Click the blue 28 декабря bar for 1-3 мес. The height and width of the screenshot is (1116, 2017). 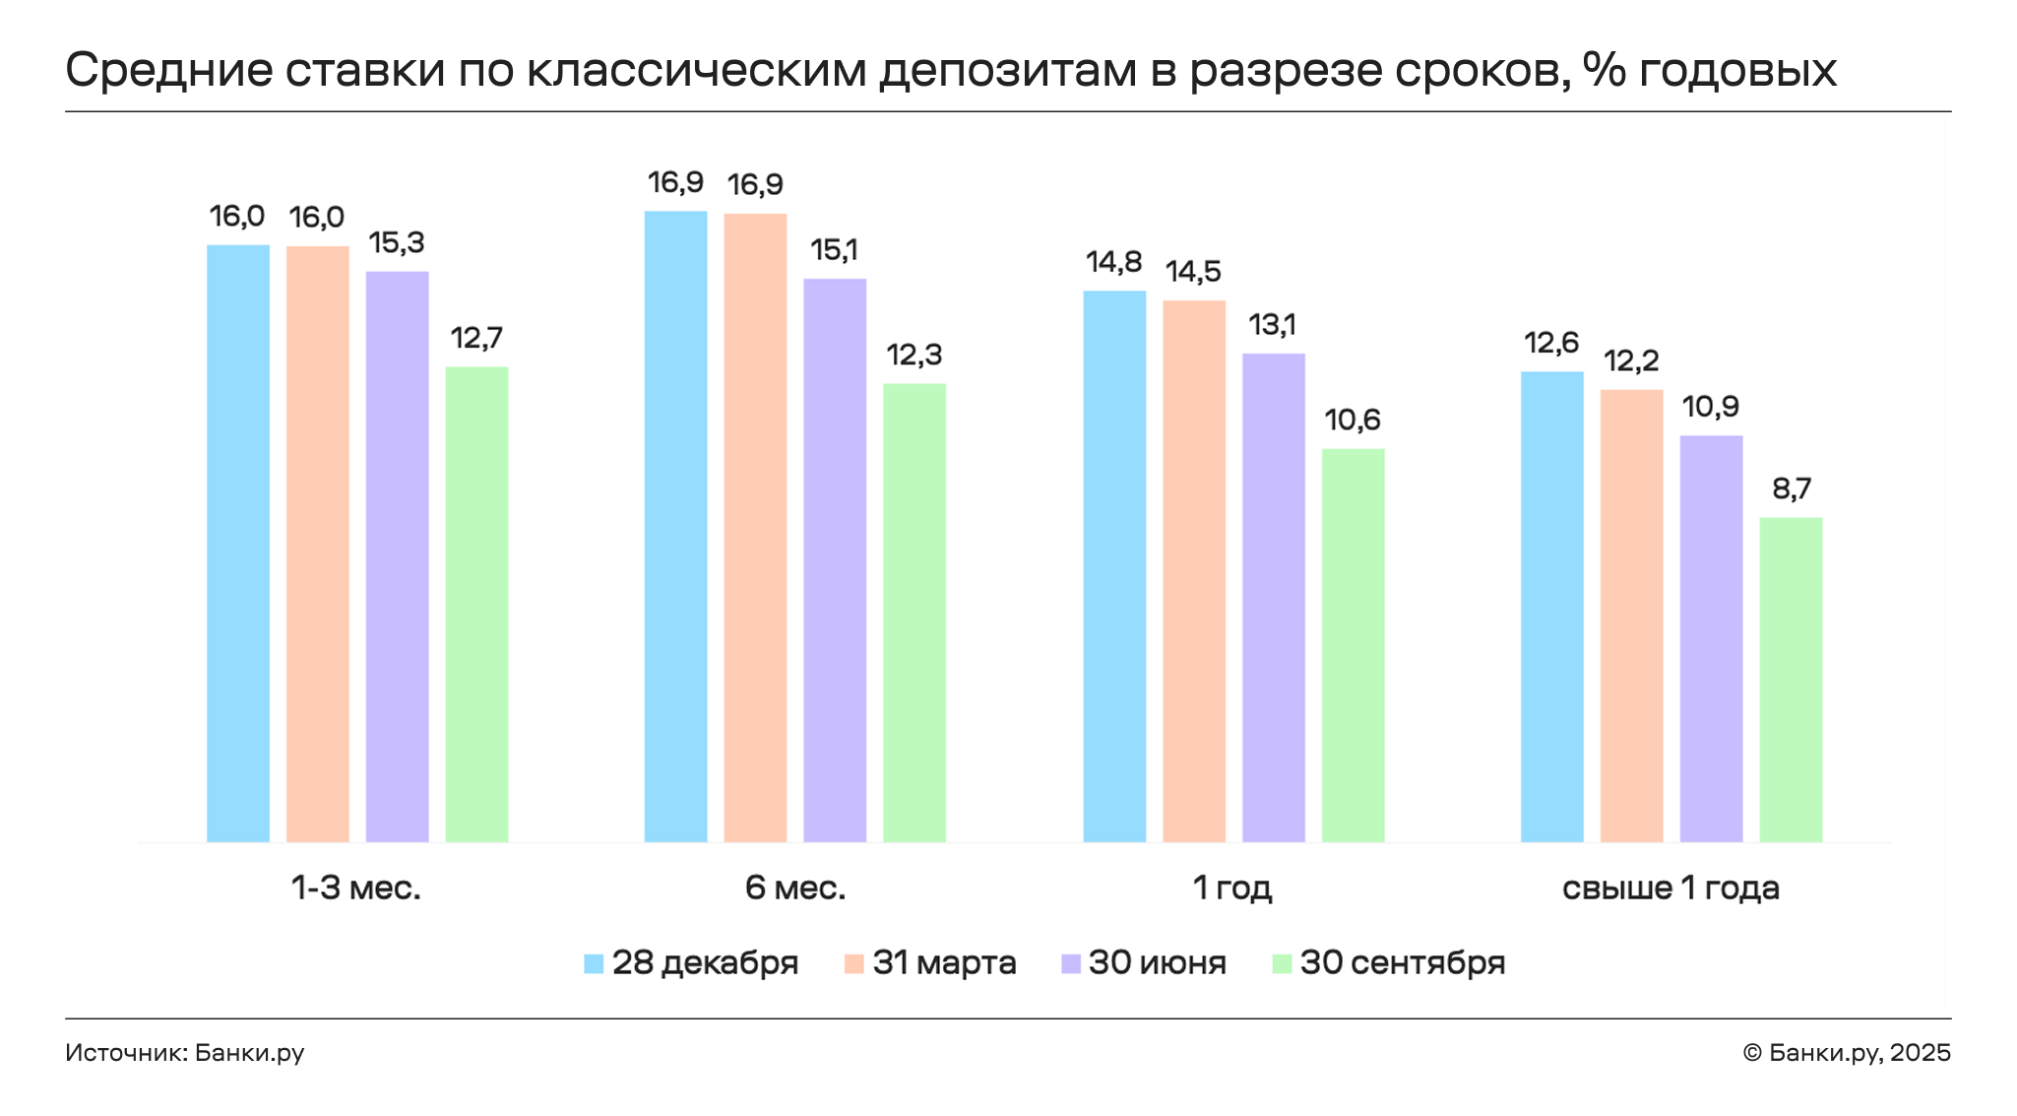pos(238,543)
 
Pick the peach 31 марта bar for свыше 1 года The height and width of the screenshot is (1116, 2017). pos(1631,616)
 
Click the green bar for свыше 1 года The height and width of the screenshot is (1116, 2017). pos(1791,680)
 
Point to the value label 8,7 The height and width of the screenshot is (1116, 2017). pos(1792,489)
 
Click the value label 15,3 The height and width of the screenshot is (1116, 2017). pos(397,242)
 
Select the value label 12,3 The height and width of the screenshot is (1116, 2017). pos(914,355)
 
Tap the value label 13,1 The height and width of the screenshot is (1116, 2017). pos(1273,324)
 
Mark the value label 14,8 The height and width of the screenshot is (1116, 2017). pos(1114,262)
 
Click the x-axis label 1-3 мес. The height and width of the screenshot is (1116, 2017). pos(356,888)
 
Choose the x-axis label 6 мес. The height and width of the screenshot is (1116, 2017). pos(795,888)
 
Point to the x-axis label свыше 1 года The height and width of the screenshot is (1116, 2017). pos(1670,888)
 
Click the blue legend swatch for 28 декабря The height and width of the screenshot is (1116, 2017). pos(594,963)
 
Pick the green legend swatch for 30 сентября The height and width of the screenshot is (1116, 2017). pos(1282,963)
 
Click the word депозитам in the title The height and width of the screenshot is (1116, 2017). pos(1007,71)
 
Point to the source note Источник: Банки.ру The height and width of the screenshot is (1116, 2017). pos(185,1053)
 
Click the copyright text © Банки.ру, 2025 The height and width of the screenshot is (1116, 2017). pos(1846,1053)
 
